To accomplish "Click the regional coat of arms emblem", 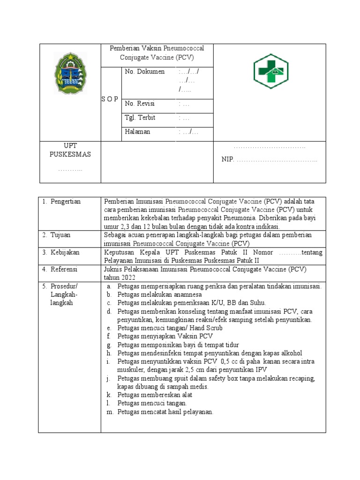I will pos(70,74).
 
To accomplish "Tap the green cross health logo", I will pos(270,71).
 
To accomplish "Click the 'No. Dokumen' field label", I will pos(145,72).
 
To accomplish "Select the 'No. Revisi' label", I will pos(140,104).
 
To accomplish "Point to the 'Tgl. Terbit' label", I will pos(140,118).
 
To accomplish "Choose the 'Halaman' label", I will pos(137,132).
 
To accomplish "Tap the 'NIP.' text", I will pos(227,160).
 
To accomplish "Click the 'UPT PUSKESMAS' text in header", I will pos(70,150).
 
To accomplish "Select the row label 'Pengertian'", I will pos(65,202).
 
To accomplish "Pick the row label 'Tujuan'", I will pos(61,235).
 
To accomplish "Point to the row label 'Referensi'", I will pos(64,270).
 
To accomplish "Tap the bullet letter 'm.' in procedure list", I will pos(110,412).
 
